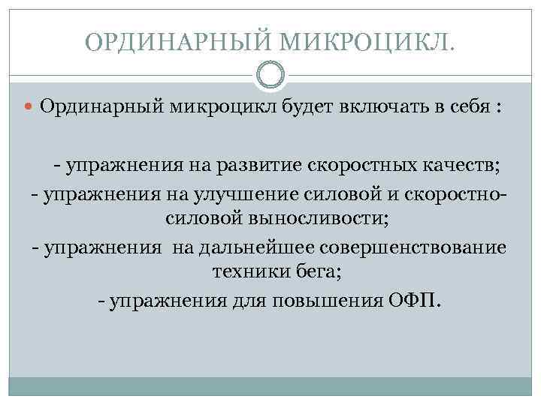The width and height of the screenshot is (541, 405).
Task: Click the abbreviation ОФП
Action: pos(417,300)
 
